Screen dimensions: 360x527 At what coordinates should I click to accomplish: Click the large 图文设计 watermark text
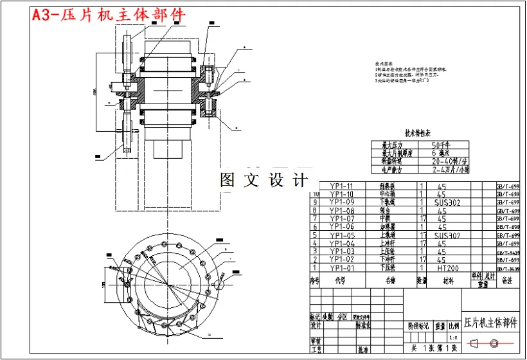[263, 181]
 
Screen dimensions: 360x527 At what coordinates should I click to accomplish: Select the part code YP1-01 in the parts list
[341, 267]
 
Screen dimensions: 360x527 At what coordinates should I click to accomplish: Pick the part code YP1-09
[341, 202]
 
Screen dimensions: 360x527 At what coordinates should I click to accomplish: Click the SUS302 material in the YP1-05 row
[448, 235]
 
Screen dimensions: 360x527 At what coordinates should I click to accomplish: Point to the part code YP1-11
[341, 186]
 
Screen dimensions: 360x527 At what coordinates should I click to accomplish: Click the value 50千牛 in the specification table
[444, 145]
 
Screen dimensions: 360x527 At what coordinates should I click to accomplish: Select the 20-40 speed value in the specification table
[449, 162]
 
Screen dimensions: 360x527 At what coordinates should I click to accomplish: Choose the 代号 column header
[340, 280]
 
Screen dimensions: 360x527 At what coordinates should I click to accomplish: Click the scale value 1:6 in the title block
[453, 337]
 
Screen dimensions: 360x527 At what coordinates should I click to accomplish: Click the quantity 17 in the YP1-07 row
[422, 219]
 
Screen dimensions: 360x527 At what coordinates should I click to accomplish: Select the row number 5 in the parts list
[315, 235]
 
